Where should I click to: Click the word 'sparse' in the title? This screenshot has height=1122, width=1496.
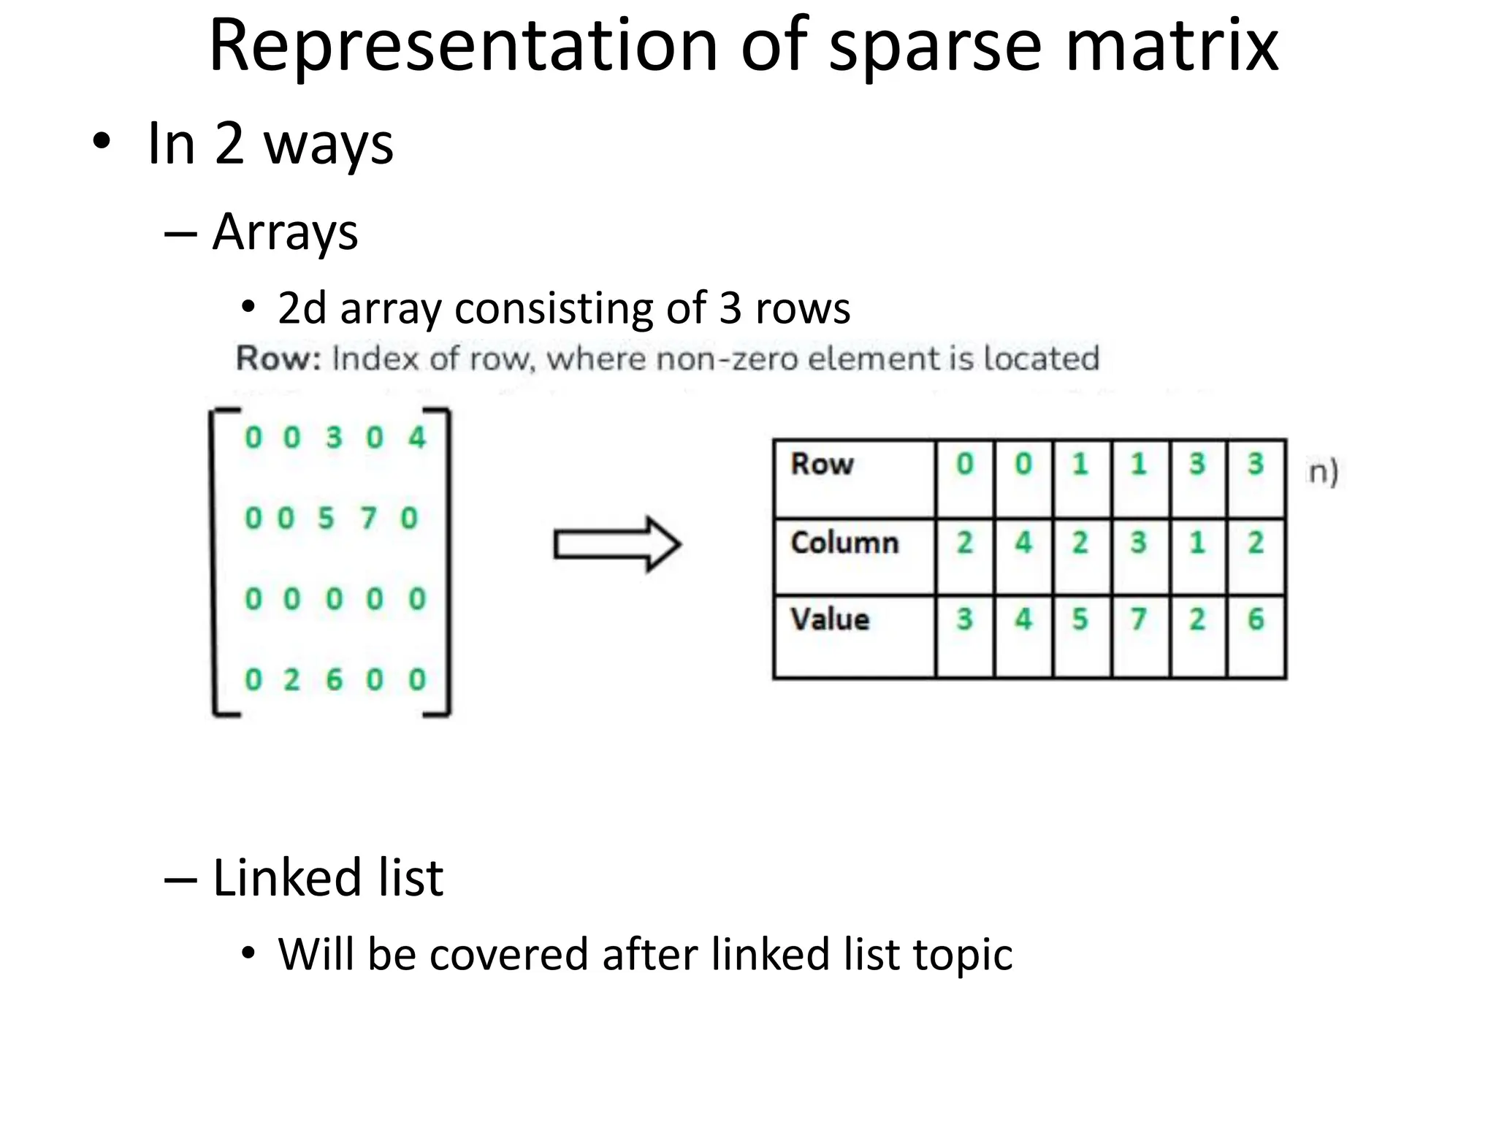(x=935, y=47)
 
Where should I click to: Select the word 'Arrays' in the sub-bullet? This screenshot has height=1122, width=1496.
(x=285, y=232)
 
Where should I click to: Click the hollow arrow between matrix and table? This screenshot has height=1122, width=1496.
(x=617, y=544)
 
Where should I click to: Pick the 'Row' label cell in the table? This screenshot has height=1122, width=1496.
(x=853, y=478)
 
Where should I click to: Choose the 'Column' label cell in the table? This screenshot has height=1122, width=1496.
(x=853, y=556)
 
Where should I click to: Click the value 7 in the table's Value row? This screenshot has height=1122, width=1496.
(x=1138, y=619)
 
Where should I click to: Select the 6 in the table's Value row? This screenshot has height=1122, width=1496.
(x=1255, y=619)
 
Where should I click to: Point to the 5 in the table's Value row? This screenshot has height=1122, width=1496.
(x=1080, y=619)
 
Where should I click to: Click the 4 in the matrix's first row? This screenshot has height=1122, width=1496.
(x=416, y=438)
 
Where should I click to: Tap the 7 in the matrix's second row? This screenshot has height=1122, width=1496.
(x=368, y=519)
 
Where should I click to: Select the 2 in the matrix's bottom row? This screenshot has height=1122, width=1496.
(x=291, y=680)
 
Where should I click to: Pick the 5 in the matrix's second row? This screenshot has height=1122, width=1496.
(x=326, y=519)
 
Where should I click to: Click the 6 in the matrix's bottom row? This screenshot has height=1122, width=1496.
(x=334, y=680)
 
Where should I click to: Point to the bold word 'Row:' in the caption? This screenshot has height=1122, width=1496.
(x=278, y=359)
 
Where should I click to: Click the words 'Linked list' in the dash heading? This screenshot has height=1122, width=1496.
(x=327, y=877)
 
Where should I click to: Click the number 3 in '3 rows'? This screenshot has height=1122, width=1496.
(x=730, y=308)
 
